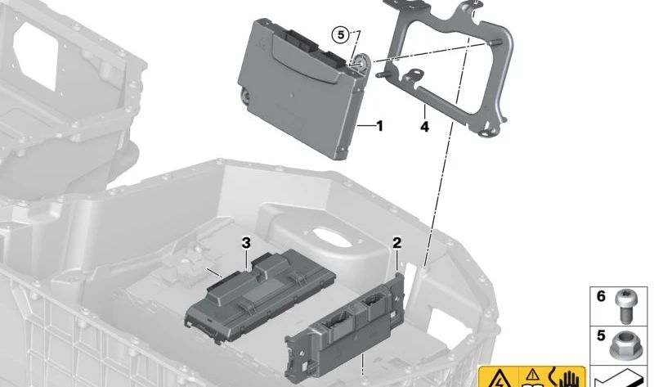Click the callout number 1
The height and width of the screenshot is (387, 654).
click(x=379, y=126)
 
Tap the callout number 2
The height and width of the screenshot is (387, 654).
click(x=397, y=242)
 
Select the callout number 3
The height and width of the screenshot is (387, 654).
click(x=245, y=242)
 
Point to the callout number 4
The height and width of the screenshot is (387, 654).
click(x=424, y=128)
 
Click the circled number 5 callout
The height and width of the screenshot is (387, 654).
click(x=339, y=34)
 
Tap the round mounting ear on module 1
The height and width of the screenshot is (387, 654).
click(x=360, y=61)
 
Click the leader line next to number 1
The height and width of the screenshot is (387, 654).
click(x=365, y=126)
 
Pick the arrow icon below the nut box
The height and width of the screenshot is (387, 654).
click(x=621, y=379)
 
